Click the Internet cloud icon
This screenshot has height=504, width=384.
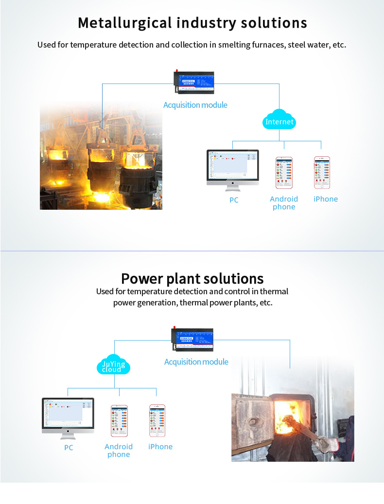click(x=279, y=121)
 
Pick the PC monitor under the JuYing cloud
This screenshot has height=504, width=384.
click(x=68, y=418)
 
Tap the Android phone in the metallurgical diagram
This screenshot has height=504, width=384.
click(x=284, y=173)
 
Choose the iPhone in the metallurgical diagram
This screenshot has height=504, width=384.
click(x=322, y=173)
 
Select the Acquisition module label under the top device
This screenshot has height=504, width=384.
click(x=195, y=105)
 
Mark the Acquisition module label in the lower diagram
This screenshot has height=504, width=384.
click(x=196, y=362)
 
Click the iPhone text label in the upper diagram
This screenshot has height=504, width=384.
click(x=325, y=199)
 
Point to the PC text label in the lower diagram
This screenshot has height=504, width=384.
click(x=69, y=447)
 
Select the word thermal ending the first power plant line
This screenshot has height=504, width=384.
click(x=274, y=291)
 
